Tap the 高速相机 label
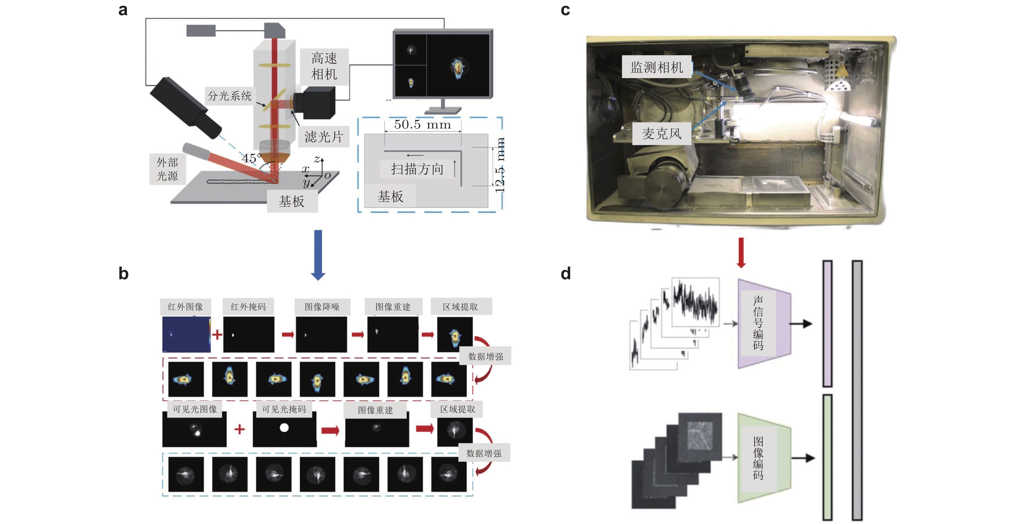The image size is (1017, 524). point(324,66)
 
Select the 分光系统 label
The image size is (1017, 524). point(230,96)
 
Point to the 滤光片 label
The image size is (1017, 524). point(324,137)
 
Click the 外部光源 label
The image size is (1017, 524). point(167,169)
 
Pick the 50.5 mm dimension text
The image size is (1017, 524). point(422,124)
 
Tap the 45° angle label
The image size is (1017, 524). point(252,158)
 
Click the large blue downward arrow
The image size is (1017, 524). point(318,255)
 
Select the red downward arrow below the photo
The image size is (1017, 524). point(741,253)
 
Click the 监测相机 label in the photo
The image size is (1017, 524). point(657,67)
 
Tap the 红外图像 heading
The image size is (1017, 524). point(185,307)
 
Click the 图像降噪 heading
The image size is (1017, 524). point(322,307)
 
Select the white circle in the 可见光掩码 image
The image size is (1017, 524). point(284,428)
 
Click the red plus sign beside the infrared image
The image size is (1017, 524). point(217,335)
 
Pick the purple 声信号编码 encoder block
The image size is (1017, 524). point(764,324)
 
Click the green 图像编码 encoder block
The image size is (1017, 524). point(764,458)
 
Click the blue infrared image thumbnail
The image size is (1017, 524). point(186,334)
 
